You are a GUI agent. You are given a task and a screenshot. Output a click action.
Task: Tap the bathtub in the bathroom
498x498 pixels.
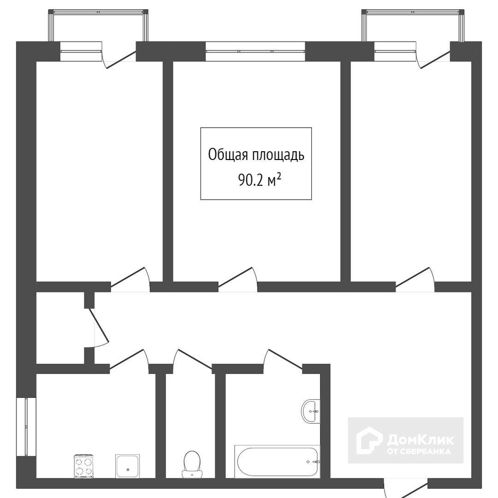tap(277, 461)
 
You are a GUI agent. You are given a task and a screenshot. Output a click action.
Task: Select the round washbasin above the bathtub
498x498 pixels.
tap(311, 411)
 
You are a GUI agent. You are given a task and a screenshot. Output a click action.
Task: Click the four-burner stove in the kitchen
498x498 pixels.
tap(83, 466)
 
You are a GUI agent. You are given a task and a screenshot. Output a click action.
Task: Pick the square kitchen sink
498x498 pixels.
tap(127, 466)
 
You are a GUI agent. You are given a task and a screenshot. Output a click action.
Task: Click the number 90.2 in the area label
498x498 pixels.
tap(250, 181)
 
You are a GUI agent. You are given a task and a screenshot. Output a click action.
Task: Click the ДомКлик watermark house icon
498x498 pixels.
tap(368, 440)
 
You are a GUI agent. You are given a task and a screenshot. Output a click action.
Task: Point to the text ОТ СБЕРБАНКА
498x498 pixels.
tap(419, 451)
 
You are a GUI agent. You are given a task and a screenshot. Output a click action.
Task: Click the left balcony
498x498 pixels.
tap(98, 25)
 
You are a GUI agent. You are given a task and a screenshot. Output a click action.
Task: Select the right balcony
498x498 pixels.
tap(413, 25)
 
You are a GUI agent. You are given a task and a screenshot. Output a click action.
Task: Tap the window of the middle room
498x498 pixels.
tap(255, 51)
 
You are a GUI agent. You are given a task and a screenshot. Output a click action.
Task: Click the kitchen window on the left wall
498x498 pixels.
tap(26, 427)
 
